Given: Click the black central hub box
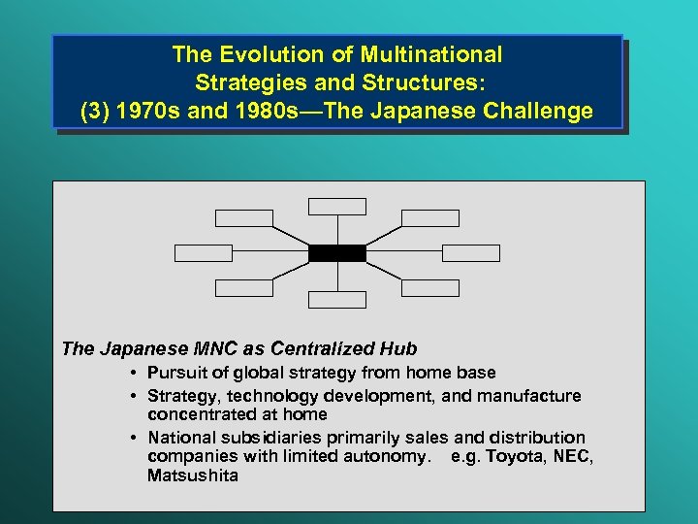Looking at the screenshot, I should [x=337, y=253].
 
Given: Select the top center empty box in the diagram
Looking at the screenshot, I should [x=337, y=206].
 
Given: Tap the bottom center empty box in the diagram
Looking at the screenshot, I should [x=337, y=300].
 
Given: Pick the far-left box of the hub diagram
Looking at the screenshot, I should [x=204, y=253].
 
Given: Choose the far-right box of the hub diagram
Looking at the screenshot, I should [x=471, y=253].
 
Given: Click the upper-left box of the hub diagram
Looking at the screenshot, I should [x=244, y=218].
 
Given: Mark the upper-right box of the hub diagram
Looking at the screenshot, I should [x=430, y=218].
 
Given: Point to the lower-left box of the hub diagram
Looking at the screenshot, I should [x=244, y=287].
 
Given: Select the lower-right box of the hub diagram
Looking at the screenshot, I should [x=430, y=287].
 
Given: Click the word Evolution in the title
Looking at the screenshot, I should [x=263, y=54].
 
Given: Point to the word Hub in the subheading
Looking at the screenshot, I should [x=399, y=348].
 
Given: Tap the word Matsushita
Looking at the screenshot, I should [x=192, y=475].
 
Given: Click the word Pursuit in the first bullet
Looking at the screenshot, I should [x=174, y=373].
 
